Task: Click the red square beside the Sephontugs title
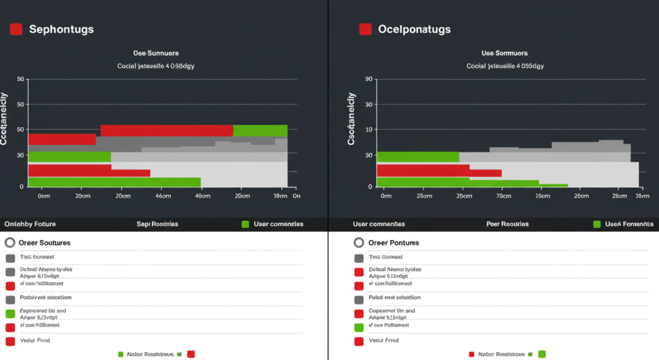16,29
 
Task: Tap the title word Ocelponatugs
414,29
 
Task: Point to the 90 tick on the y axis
369,79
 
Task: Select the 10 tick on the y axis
369,129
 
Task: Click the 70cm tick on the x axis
503,195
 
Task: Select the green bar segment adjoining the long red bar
260,131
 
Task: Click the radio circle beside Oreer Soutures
10,243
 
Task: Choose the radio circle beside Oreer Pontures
359,243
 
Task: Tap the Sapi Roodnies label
157,224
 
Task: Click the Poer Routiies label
507,224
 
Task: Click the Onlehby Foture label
30,224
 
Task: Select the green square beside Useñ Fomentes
597,224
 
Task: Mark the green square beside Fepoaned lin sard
10,314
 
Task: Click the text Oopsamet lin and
392,310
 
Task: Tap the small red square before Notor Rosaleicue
471,354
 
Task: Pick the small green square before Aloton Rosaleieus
120,354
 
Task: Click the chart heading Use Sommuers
504,53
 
